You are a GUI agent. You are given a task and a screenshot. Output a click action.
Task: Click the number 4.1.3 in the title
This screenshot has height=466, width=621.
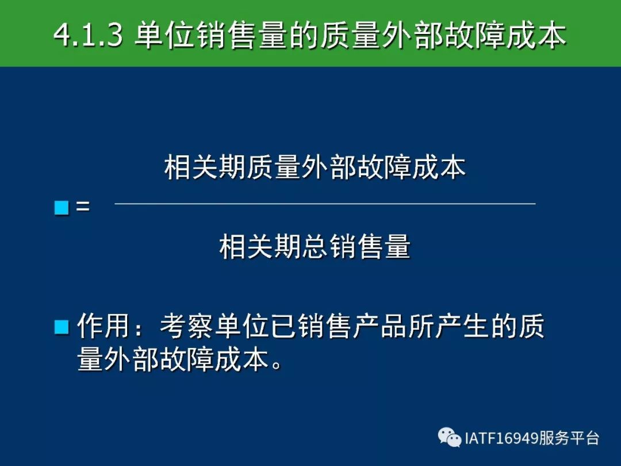coord(88,35)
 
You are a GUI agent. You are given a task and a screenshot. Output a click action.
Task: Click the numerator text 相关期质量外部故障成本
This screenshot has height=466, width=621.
coord(315,167)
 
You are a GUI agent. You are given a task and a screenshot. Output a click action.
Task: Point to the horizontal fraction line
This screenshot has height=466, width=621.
coord(325,204)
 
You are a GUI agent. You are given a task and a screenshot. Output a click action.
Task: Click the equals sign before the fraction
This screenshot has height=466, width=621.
coord(83,207)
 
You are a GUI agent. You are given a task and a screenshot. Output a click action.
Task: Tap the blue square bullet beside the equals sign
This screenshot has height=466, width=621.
coord(62,208)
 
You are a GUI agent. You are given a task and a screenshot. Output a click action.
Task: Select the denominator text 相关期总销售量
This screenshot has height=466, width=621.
coord(315,246)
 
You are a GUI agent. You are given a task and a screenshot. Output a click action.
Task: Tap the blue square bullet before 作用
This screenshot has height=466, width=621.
coord(62,327)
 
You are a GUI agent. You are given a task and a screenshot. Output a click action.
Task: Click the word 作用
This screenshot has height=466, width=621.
coord(103,326)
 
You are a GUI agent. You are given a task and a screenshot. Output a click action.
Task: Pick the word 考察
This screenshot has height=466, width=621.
coord(187,326)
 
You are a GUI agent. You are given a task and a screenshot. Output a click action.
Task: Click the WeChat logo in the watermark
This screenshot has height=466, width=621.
coord(449,437)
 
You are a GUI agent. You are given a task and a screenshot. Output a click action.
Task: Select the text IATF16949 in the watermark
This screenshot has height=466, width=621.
coord(501,438)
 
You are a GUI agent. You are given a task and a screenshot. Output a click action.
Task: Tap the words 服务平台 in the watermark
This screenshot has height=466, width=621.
coord(569,438)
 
